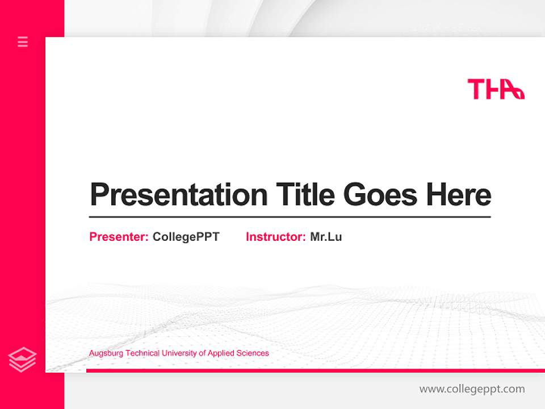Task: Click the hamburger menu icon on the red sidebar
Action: tap(23, 41)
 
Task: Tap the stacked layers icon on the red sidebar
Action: tap(22, 360)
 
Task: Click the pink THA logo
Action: tap(496, 89)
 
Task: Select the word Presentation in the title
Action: tap(178, 194)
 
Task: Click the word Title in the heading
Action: tap(305, 194)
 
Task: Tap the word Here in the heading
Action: tap(459, 194)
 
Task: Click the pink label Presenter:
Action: tap(119, 237)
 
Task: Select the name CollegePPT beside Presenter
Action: tap(186, 237)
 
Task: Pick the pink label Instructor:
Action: tap(275, 237)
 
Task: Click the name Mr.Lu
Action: tap(326, 237)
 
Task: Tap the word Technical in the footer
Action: tap(142, 353)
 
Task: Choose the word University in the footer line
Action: tap(179, 353)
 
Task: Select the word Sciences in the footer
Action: tap(253, 353)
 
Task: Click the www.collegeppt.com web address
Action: tap(472, 389)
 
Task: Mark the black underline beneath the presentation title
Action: tap(290, 216)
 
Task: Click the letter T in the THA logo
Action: tap(476, 89)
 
